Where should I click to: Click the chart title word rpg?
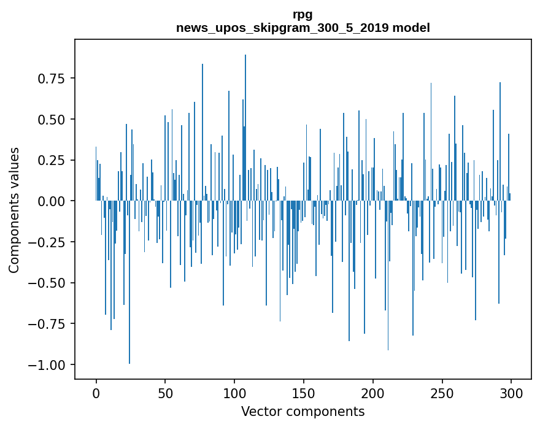click(303, 15)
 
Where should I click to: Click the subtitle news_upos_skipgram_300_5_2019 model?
click(303, 28)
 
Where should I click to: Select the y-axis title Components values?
click(14, 210)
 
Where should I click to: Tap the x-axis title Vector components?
click(303, 412)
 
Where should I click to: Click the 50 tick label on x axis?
click(165, 393)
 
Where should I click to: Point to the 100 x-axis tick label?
click(234, 393)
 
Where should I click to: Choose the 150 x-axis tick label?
click(303, 393)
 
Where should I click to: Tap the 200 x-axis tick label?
click(372, 393)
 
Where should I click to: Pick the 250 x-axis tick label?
click(442, 393)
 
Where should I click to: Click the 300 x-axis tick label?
click(511, 393)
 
